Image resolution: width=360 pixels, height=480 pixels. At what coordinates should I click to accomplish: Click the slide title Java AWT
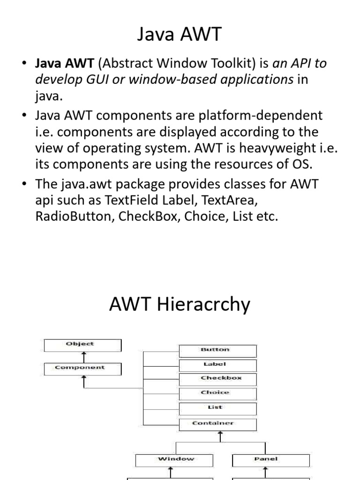(x=180, y=35)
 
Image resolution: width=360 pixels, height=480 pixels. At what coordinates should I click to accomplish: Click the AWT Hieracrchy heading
(x=180, y=305)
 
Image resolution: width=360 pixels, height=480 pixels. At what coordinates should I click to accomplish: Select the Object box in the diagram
(x=82, y=345)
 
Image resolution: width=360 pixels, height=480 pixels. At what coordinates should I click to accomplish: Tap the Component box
(x=82, y=368)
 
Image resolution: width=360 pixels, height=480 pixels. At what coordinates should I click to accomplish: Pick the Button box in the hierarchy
(x=217, y=350)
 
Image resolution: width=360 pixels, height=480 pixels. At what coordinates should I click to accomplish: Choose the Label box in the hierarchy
(x=217, y=365)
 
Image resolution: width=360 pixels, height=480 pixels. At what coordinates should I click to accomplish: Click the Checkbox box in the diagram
(x=217, y=379)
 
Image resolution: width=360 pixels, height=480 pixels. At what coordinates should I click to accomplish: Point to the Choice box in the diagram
(x=217, y=393)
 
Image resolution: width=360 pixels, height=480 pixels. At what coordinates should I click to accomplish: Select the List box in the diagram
(x=217, y=408)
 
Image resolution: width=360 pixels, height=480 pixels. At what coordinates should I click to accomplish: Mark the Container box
(x=217, y=424)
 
